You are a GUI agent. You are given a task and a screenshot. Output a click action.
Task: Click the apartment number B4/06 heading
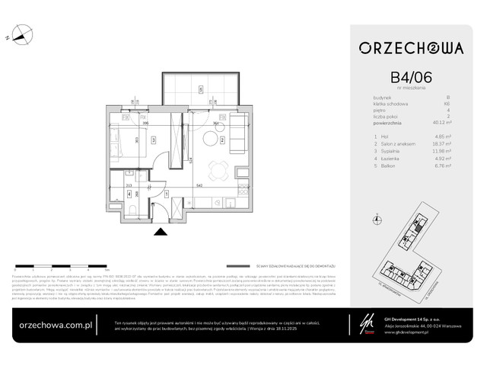click(411, 78)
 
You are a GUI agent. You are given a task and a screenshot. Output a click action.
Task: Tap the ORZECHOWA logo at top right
click(411, 47)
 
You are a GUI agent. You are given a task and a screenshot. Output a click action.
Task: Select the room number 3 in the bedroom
click(153, 140)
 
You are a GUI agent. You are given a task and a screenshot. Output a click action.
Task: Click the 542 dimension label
click(197, 185)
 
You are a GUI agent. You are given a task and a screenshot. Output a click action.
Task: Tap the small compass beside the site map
click(377, 220)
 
